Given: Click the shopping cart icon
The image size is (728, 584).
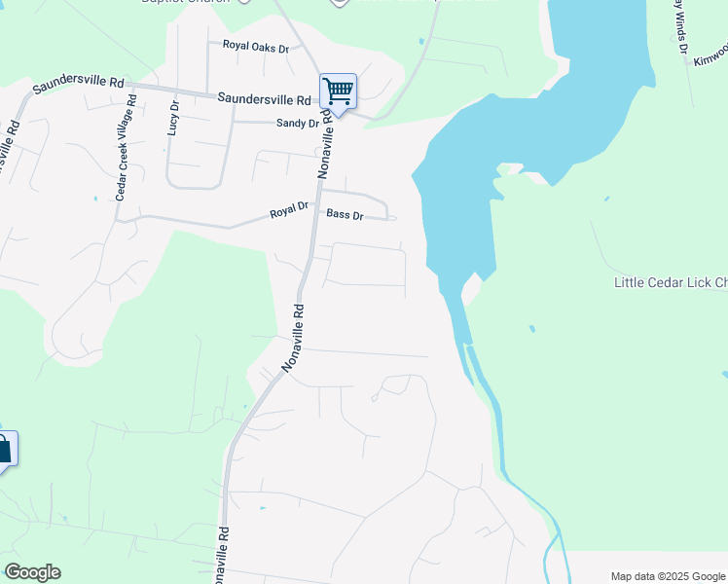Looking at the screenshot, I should coord(338,91).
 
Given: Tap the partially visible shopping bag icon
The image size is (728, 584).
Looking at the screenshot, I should coord(5,450).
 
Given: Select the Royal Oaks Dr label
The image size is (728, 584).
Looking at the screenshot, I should coord(256,47).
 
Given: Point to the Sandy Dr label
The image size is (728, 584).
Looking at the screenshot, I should coord(297,124).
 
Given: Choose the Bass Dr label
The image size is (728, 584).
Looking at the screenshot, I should coord(345,214).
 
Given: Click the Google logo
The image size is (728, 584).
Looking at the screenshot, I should coord(32,572).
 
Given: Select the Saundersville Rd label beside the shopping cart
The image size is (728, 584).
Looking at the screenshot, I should coord(264,98).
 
